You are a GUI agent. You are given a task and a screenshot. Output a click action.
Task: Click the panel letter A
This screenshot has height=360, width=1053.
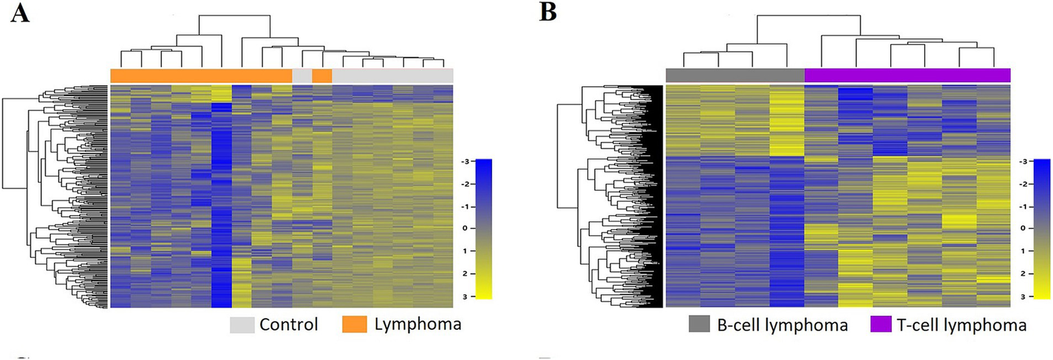pos(21,14)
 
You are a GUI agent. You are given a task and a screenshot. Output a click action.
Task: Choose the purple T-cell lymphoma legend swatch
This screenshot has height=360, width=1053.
pos(879,325)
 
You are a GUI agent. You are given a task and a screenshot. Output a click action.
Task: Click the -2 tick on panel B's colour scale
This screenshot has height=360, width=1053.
pos(1021,184)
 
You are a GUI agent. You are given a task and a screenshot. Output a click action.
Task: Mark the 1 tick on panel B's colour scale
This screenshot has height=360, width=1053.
pos(1023,251)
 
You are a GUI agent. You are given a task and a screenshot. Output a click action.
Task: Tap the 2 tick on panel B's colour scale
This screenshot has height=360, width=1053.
pos(1023,274)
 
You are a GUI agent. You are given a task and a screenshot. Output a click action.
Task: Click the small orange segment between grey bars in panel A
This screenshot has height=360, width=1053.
pos(322,75)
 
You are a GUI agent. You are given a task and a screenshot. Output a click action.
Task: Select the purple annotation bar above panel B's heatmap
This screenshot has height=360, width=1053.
pos(907,75)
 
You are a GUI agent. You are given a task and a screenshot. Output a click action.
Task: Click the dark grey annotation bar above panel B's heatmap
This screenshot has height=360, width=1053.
pos(735,75)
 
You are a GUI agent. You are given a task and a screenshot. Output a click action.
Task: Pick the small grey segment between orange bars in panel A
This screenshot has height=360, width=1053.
pos(302,75)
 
